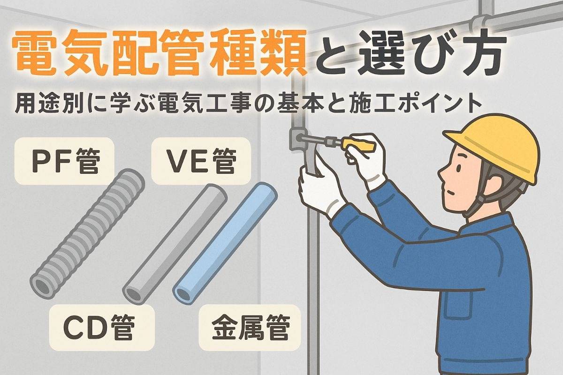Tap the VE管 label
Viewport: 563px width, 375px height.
pos(201,161)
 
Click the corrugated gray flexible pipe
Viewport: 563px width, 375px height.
pos(87,233)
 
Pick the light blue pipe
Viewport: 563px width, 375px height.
pos(225,243)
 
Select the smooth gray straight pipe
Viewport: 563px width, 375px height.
pos(175,244)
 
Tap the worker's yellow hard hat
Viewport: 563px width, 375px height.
pos(494,146)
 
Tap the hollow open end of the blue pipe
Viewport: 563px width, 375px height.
pos(184,294)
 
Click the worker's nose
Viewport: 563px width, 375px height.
pos(441,174)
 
